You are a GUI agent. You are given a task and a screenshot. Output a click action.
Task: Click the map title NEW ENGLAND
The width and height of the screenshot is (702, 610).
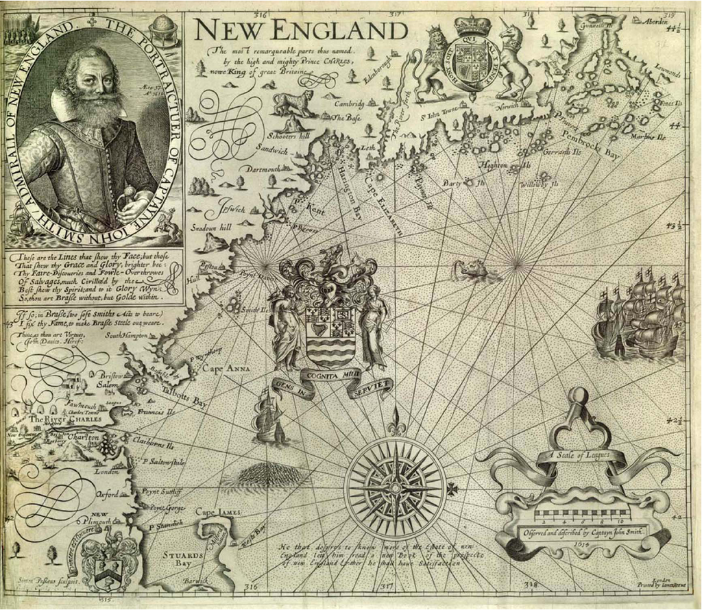[x=300, y=31]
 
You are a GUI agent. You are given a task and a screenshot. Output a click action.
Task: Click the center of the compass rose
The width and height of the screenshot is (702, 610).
[x=395, y=487]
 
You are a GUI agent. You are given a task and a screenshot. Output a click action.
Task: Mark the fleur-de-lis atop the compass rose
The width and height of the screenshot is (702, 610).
[x=395, y=419]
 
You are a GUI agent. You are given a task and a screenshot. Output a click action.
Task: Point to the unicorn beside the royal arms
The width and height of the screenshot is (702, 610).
[x=514, y=62]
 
